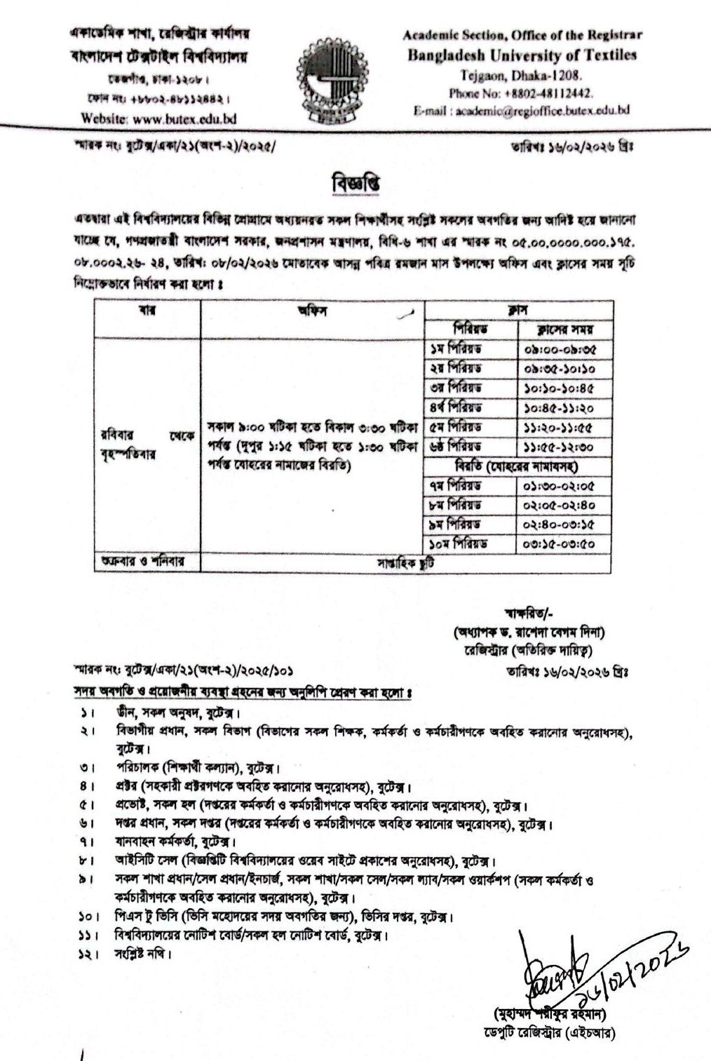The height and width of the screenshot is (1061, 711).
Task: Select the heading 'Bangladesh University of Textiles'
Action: (522, 56)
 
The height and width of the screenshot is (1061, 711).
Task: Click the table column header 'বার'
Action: (147, 311)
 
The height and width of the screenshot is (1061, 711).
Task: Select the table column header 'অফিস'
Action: (313, 311)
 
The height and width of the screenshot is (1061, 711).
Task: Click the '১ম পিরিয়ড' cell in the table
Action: (456, 349)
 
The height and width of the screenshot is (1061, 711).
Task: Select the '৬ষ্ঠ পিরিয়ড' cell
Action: (456, 446)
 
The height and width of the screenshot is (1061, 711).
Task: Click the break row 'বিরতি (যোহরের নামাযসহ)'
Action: (520, 466)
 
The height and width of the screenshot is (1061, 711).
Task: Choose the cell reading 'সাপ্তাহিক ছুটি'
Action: (406, 562)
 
